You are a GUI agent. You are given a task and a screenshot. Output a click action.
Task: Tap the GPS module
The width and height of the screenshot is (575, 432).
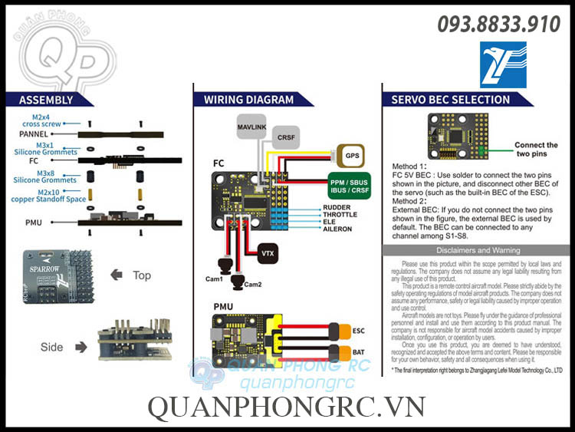tap(352, 155)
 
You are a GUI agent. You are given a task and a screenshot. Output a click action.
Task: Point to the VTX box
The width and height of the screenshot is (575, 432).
tap(268, 253)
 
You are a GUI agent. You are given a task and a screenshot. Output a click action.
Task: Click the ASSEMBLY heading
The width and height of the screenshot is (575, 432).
tap(46, 100)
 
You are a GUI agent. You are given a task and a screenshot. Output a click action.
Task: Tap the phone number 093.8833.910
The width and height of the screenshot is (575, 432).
tap(498, 25)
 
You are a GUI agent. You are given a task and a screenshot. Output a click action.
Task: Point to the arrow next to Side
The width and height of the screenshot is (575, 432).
tap(82, 347)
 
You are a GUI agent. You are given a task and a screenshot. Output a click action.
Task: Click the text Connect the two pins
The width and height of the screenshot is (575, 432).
tap(536, 149)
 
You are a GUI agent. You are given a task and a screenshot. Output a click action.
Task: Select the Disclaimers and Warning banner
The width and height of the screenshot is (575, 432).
tap(478, 250)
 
